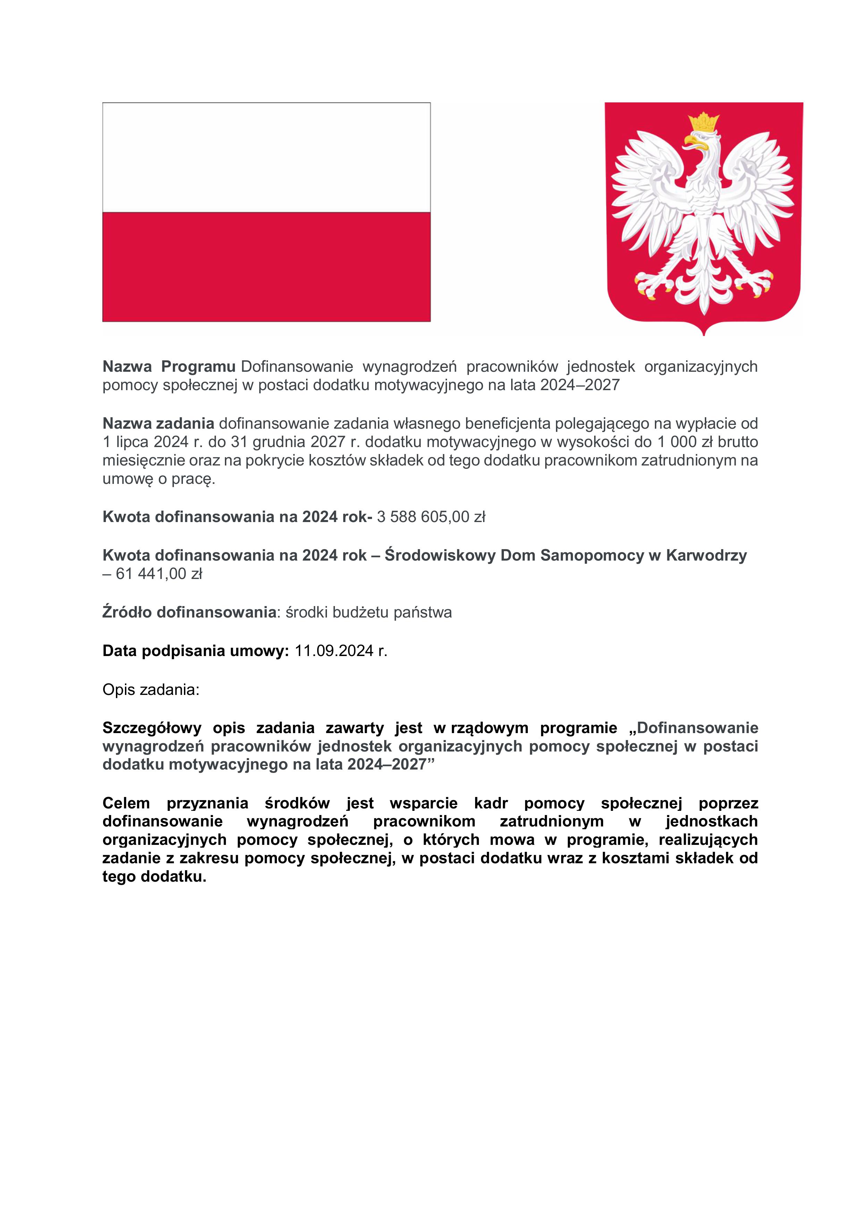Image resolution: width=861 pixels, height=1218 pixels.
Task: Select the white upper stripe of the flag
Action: point(266,158)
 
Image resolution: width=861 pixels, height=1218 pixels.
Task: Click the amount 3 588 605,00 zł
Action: point(431,517)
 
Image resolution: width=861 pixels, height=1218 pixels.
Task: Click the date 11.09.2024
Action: point(335,651)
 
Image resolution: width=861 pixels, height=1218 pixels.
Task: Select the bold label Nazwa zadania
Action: point(158,424)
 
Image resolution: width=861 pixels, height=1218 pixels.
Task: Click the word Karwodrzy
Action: point(706,555)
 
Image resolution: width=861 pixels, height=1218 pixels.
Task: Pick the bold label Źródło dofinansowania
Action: point(189,613)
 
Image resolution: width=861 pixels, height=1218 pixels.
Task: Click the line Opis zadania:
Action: point(151,690)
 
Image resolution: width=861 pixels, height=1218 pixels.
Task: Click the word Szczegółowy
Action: point(152,728)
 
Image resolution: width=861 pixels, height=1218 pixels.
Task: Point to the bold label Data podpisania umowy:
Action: point(195,651)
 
